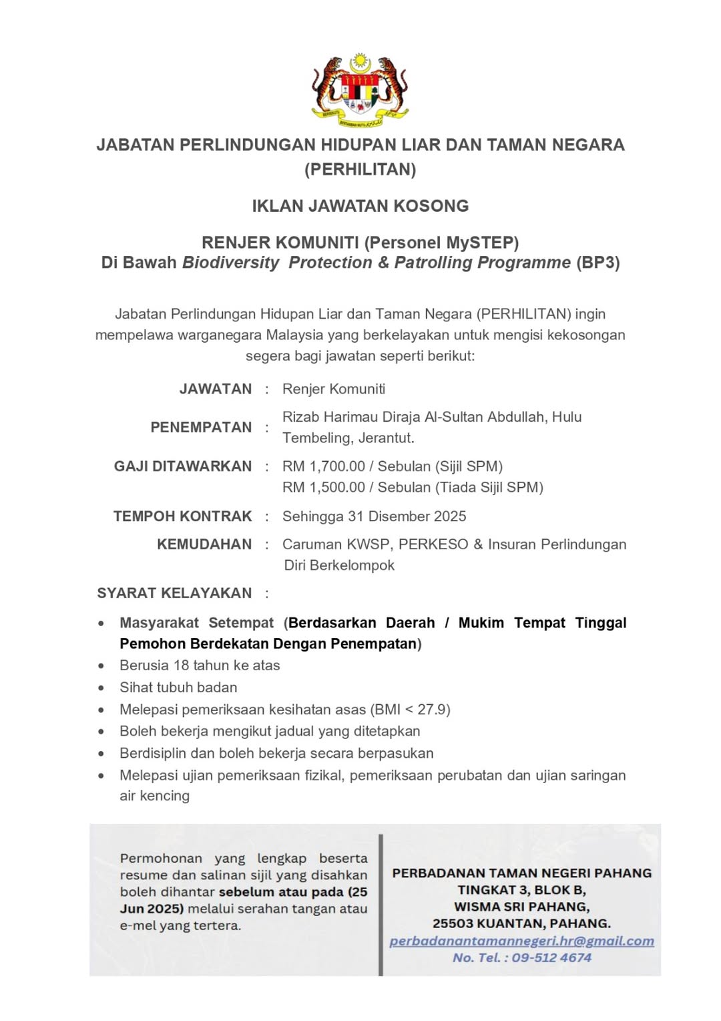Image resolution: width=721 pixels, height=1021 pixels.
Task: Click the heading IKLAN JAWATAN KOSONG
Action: point(360,206)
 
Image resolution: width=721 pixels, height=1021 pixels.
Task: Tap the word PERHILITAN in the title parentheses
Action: point(360,170)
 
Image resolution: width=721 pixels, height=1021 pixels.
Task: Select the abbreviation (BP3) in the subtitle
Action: point(597,263)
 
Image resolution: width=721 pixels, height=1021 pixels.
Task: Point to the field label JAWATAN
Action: point(215,389)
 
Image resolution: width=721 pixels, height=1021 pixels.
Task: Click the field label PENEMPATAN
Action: point(201,427)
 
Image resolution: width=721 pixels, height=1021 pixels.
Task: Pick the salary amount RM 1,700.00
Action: point(324,466)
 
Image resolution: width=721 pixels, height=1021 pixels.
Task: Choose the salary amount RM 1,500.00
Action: point(324,488)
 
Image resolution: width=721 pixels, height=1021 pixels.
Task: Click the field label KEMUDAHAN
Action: point(204,545)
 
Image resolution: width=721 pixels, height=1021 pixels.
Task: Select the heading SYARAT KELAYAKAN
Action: point(174,593)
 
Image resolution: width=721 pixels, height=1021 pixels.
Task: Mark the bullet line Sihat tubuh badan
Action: point(178,688)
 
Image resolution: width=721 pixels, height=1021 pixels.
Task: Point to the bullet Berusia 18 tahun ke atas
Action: point(200,666)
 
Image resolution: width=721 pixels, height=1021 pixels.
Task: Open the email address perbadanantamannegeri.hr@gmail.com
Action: point(521,941)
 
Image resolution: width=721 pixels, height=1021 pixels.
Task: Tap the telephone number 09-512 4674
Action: point(551,958)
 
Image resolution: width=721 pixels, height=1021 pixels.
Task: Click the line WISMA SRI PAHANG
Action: point(521,907)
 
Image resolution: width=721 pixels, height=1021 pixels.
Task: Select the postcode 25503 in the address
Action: point(453,923)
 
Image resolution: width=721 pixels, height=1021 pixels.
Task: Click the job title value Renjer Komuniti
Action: point(334,389)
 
